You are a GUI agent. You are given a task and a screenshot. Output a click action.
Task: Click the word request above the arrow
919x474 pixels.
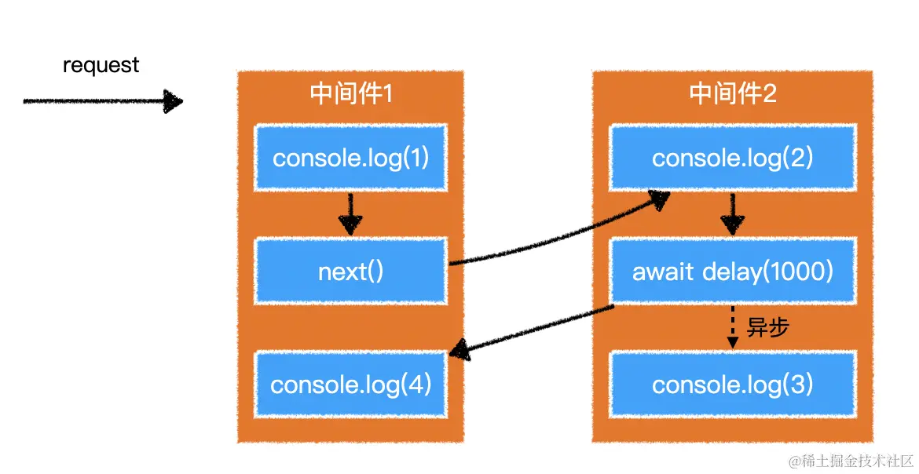(x=101, y=65)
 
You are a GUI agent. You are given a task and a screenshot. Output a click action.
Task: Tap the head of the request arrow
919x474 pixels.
(x=173, y=101)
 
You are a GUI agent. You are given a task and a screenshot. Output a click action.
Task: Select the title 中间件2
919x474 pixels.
(x=732, y=93)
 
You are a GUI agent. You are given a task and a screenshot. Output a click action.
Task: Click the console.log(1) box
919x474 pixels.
(x=350, y=158)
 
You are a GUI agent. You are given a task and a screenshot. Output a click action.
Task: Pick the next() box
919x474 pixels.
(x=350, y=272)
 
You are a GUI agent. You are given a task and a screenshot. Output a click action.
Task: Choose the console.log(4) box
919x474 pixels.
(x=350, y=385)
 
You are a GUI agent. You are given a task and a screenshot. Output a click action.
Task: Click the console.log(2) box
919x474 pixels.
(x=732, y=158)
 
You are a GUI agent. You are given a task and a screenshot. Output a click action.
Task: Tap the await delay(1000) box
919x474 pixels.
(x=732, y=272)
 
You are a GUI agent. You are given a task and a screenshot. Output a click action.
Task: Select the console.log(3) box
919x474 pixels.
(x=732, y=385)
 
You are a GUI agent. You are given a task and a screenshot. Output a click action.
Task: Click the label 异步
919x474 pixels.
(x=767, y=328)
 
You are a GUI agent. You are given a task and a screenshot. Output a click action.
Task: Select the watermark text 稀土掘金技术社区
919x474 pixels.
(x=858, y=460)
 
